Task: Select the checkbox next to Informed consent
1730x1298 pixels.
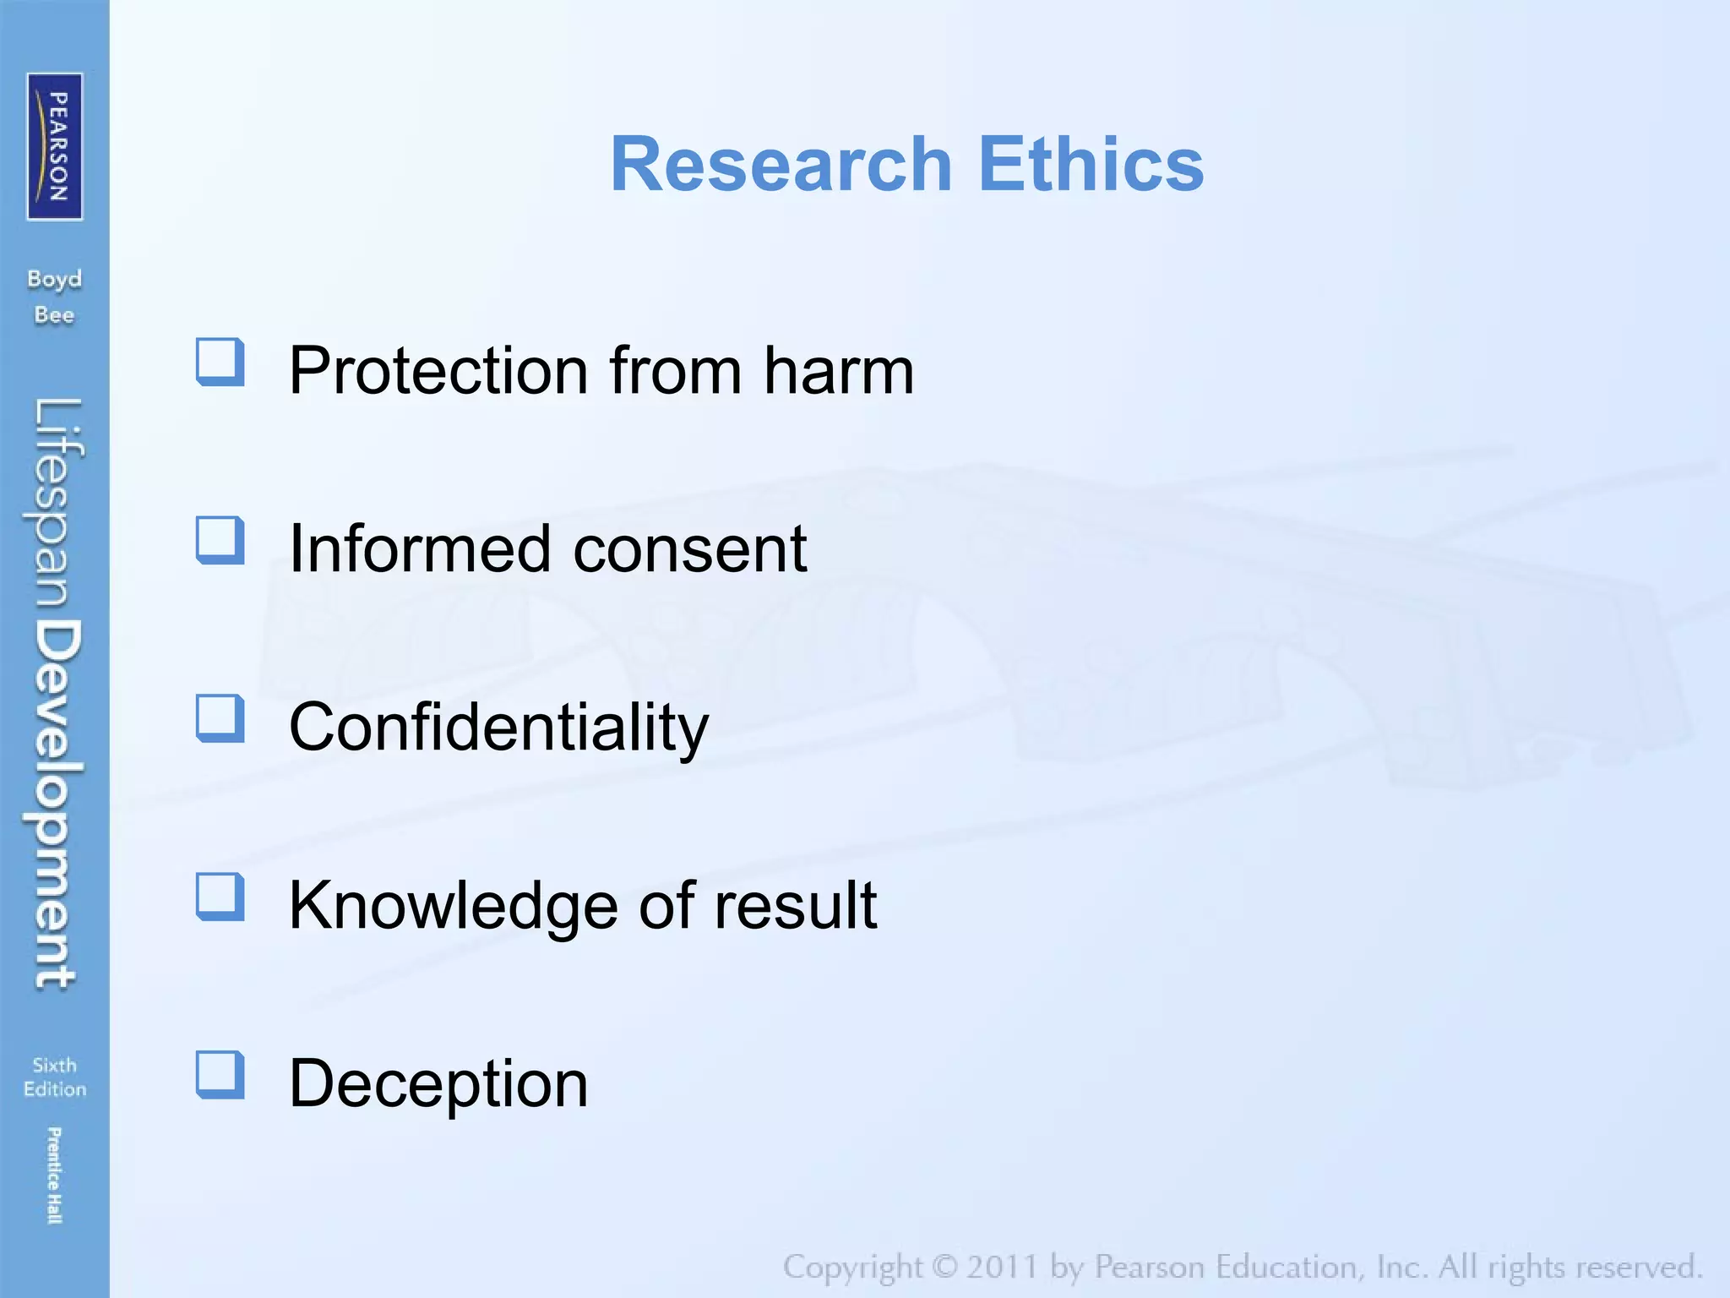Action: (220, 540)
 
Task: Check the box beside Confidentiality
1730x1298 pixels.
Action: (220, 718)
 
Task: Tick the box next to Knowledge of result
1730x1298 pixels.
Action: (220, 897)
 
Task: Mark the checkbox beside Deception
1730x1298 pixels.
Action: (220, 1075)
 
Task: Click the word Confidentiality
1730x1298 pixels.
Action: (498, 728)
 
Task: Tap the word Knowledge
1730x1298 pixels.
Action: (452, 906)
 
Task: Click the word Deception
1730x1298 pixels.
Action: (438, 1084)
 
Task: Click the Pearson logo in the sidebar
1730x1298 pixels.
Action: (55, 146)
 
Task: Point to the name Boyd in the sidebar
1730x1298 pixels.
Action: (54, 279)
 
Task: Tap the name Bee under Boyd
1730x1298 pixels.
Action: (54, 315)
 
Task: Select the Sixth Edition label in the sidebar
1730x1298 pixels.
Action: (55, 1077)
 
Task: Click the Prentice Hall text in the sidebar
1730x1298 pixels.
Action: (54, 1175)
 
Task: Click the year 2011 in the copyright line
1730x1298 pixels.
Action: (1002, 1267)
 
